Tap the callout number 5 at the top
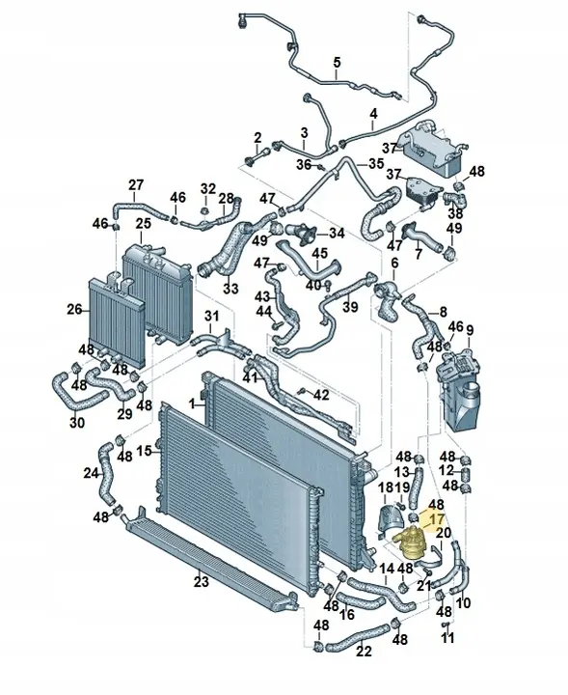tap(337, 64)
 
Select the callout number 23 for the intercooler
tap(201, 581)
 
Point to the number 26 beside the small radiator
tap(74, 310)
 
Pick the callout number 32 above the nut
tap(208, 187)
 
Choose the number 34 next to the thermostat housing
tap(336, 234)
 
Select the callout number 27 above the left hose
tap(136, 184)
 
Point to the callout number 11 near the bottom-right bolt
tap(447, 639)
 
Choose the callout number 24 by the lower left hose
tap(91, 473)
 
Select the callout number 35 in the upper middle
tap(374, 164)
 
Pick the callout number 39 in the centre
tap(350, 307)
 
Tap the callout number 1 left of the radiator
tap(193, 402)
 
